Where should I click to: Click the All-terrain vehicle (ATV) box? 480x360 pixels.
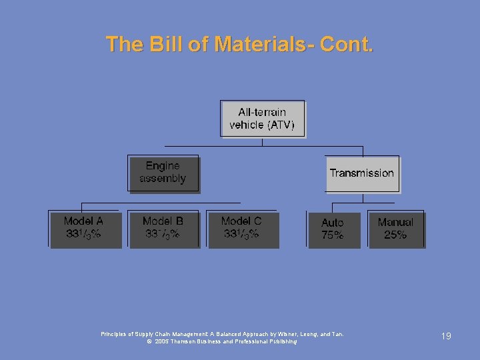point(262,119)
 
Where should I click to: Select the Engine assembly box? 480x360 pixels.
point(163,173)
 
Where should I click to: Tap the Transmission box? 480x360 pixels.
point(361,173)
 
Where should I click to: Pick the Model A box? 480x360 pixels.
point(85,229)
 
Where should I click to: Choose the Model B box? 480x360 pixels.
point(163,229)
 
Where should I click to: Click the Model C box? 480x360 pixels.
point(241,229)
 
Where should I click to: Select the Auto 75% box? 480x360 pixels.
point(333,229)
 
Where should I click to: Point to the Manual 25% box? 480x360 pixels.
point(396,229)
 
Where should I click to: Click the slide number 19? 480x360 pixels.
point(445,337)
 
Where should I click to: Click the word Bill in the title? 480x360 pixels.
point(167,45)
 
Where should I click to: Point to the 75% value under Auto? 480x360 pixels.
point(333,235)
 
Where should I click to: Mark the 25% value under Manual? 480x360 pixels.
point(395,235)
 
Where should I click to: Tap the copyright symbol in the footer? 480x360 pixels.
point(149,341)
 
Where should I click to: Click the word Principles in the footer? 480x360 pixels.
point(115,334)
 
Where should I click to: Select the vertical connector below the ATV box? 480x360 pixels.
point(263,141)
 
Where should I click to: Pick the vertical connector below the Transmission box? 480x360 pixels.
point(361,197)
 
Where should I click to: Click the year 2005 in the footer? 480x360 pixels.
point(163,341)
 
